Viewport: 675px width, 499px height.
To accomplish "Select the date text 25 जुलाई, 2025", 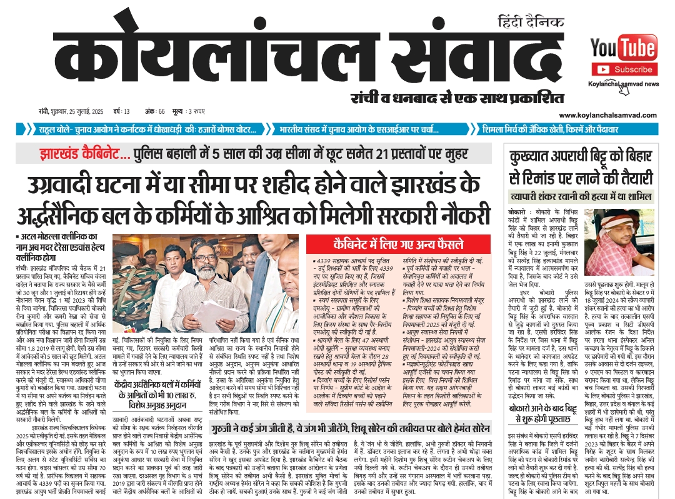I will [75, 112].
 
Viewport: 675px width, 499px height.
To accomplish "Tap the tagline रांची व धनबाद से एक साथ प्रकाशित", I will [456, 98].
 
